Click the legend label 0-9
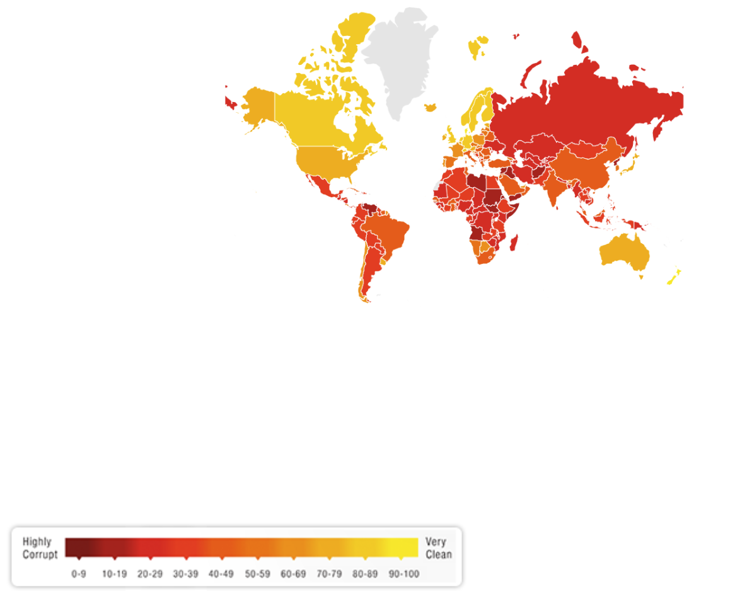tap(78, 574)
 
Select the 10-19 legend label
tap(114, 574)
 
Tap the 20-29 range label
tap(150, 574)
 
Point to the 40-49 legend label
tap(222, 574)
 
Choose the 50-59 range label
tap(258, 574)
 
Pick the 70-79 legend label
tap(329, 574)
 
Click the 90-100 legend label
tap(403, 574)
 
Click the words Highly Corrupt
tap(40, 548)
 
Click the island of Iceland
tap(431, 108)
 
